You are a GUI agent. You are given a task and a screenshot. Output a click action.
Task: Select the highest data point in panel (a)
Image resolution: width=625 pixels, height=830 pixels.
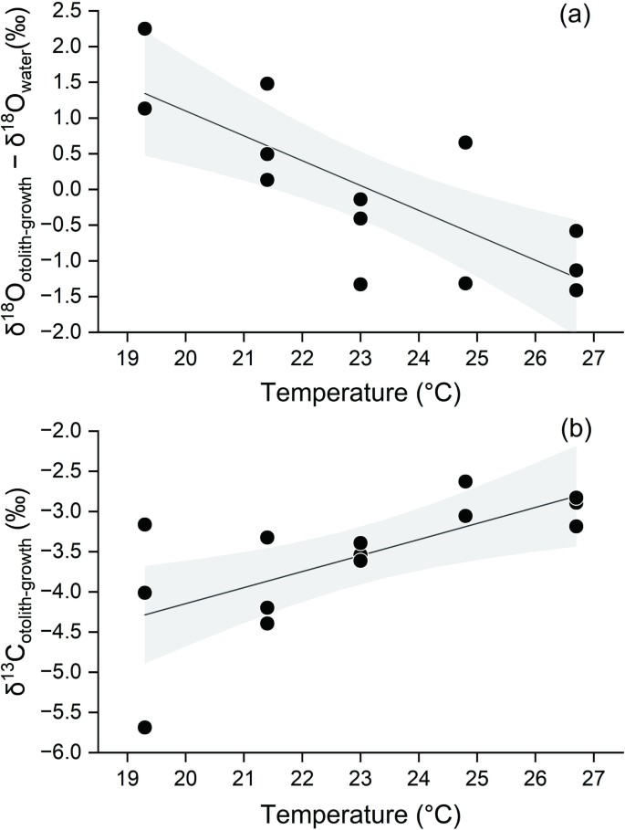pos(144,28)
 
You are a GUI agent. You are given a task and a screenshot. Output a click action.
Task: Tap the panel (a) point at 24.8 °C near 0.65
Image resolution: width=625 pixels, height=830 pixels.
pos(465,142)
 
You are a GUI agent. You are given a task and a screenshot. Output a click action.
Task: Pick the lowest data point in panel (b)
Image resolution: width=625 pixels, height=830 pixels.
pos(144,727)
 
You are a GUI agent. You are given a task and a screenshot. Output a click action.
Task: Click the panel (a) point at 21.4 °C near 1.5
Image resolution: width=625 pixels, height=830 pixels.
pos(267,83)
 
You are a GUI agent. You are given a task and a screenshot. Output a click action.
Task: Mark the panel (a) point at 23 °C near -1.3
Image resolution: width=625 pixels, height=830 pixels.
pos(360,284)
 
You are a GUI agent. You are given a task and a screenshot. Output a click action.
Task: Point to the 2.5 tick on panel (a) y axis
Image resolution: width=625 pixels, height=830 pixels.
pos(78,11)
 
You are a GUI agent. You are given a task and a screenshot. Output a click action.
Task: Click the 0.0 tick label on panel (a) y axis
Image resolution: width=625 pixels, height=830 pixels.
pos(78,189)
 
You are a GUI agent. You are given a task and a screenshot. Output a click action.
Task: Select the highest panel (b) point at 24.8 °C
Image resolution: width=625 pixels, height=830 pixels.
pos(465,481)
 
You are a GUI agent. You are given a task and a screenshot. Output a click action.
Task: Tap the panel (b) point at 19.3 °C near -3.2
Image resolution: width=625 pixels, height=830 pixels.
pos(144,524)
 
